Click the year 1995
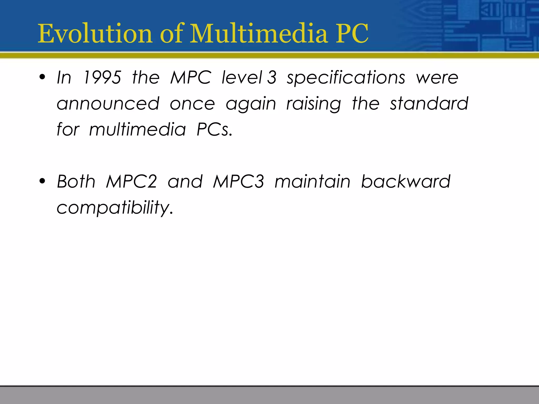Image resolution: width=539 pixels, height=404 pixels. (x=102, y=78)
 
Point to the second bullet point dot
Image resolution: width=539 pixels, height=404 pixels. (x=42, y=181)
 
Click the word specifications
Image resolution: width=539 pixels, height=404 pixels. (x=346, y=78)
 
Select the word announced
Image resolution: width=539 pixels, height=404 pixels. (x=108, y=103)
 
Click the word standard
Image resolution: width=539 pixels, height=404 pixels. (x=429, y=103)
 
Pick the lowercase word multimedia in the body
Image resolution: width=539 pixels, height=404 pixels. (x=137, y=129)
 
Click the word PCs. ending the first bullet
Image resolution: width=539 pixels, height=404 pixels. (x=214, y=129)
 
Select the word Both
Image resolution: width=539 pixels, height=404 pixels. (x=76, y=181)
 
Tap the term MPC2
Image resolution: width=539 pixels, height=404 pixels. (x=131, y=181)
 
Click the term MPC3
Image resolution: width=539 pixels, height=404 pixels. (x=238, y=181)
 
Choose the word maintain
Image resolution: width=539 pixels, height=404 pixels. (x=312, y=181)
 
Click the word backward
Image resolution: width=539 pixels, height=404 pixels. (x=406, y=181)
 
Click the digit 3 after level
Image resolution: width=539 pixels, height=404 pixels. (x=272, y=78)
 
